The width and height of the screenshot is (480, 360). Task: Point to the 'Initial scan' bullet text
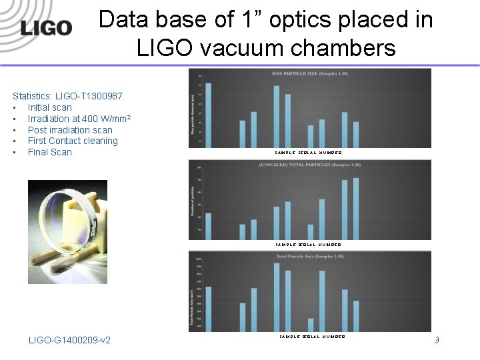(50, 107)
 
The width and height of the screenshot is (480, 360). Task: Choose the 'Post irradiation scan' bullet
(70, 130)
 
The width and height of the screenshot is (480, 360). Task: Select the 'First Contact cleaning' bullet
(73, 141)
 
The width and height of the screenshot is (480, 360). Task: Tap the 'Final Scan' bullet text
(50, 152)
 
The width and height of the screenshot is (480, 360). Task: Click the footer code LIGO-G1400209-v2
(70, 341)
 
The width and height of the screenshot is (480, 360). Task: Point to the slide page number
(437, 341)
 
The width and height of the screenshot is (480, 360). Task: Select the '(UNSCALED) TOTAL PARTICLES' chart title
(309, 165)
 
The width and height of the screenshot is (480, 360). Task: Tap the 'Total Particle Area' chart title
(309, 256)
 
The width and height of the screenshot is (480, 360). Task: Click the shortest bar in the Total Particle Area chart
(311, 325)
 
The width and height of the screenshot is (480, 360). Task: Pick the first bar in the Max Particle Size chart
(209, 115)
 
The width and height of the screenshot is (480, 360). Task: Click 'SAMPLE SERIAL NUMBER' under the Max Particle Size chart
(308, 153)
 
